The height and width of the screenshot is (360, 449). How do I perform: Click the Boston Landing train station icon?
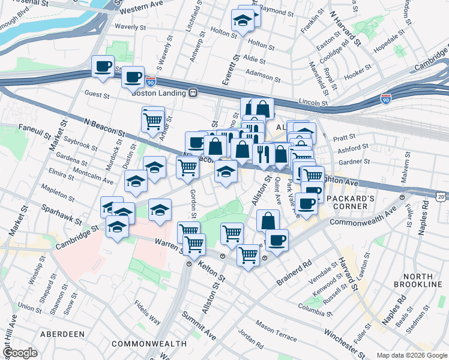[193, 92]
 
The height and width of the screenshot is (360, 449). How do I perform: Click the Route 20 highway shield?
[441, 196]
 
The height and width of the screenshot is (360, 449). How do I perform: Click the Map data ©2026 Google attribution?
[412, 355]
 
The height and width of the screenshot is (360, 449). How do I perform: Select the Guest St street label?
[97, 94]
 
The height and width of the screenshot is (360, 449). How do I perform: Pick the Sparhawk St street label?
[62, 212]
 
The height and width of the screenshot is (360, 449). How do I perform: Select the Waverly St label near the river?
[131, 26]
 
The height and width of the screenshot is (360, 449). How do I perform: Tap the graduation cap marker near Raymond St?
[243, 20]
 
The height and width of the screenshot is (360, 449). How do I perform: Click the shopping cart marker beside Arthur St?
[152, 121]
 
